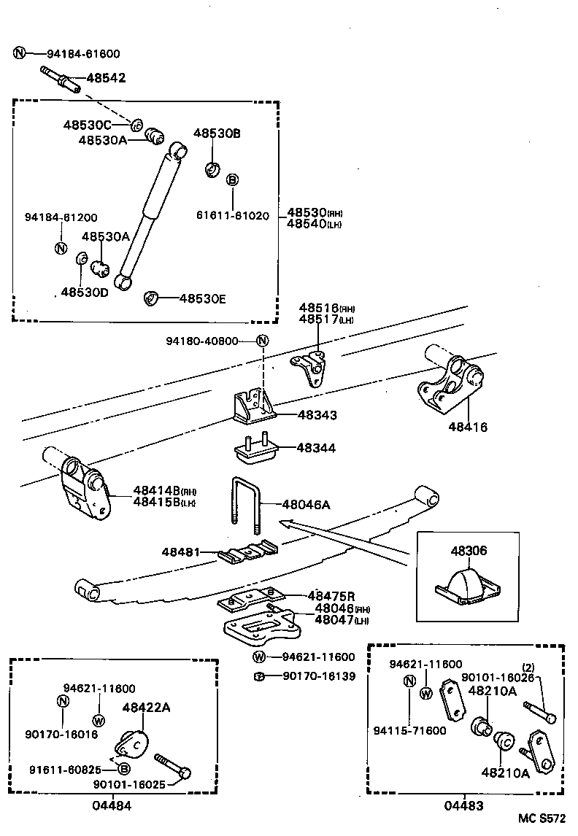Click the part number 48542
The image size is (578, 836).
point(106,77)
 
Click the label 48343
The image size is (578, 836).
point(317,415)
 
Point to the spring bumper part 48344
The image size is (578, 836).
point(255,450)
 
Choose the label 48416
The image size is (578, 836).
point(468,427)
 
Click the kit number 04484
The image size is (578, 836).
point(112,805)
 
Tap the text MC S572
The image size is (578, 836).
point(542,820)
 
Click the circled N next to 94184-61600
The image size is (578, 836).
point(20,53)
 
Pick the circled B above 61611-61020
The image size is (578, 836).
point(232,180)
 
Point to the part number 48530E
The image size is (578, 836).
point(203,298)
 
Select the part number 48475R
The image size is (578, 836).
point(331,596)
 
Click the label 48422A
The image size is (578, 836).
point(147,707)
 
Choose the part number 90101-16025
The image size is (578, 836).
point(129,784)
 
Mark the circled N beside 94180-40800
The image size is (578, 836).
point(263,341)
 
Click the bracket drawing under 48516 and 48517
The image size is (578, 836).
point(311,370)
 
